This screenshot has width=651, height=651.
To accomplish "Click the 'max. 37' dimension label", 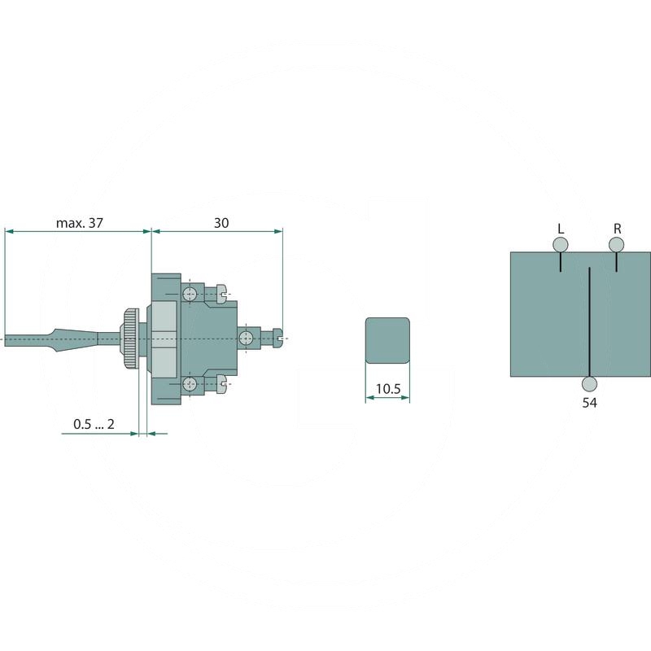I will pyautogui.click(x=80, y=222).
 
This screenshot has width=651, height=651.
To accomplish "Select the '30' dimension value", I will pyautogui.click(x=221, y=222).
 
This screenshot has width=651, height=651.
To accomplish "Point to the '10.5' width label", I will pyautogui.click(x=387, y=390).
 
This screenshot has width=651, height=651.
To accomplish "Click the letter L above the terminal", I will pyautogui.click(x=560, y=228).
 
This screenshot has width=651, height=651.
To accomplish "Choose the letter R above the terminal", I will pyautogui.click(x=618, y=228).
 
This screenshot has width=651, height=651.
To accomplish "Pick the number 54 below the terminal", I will pyautogui.click(x=589, y=403).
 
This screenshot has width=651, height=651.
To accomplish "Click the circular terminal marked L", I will pyautogui.click(x=560, y=245).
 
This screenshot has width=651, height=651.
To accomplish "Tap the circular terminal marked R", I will pyautogui.click(x=617, y=245).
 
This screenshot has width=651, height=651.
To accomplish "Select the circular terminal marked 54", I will pyautogui.click(x=589, y=384).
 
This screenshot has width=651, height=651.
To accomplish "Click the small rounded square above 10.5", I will pyautogui.click(x=387, y=340).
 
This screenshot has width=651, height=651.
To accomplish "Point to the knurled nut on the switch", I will pyautogui.click(x=130, y=337).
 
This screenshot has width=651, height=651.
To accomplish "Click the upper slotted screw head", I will pyautogui.click(x=221, y=292).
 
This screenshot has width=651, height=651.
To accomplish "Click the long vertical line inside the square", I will pyautogui.click(x=588, y=317).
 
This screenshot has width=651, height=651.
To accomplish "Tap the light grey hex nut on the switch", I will pyautogui.click(x=164, y=337).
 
